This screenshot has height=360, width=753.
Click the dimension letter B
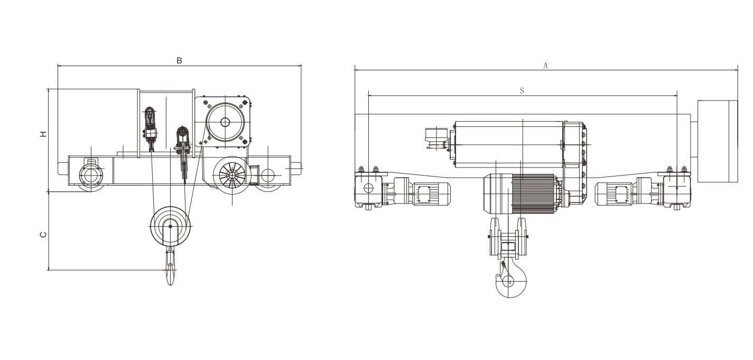point(179,61)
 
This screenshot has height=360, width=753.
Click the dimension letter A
point(545,66)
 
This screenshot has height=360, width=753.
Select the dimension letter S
point(522,90)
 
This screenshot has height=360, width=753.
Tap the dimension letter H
point(43,134)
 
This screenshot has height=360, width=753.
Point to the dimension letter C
point(43,235)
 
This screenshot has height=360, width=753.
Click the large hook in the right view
point(511,280)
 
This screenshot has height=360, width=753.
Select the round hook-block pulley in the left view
point(171,226)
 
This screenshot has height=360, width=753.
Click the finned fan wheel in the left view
point(232,176)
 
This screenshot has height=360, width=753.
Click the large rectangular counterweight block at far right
point(718,141)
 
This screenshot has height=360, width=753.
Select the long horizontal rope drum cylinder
point(509,145)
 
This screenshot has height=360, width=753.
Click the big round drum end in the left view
point(225,122)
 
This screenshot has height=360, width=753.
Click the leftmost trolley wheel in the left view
point(90,176)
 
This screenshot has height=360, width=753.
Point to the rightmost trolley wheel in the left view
point(268,176)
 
